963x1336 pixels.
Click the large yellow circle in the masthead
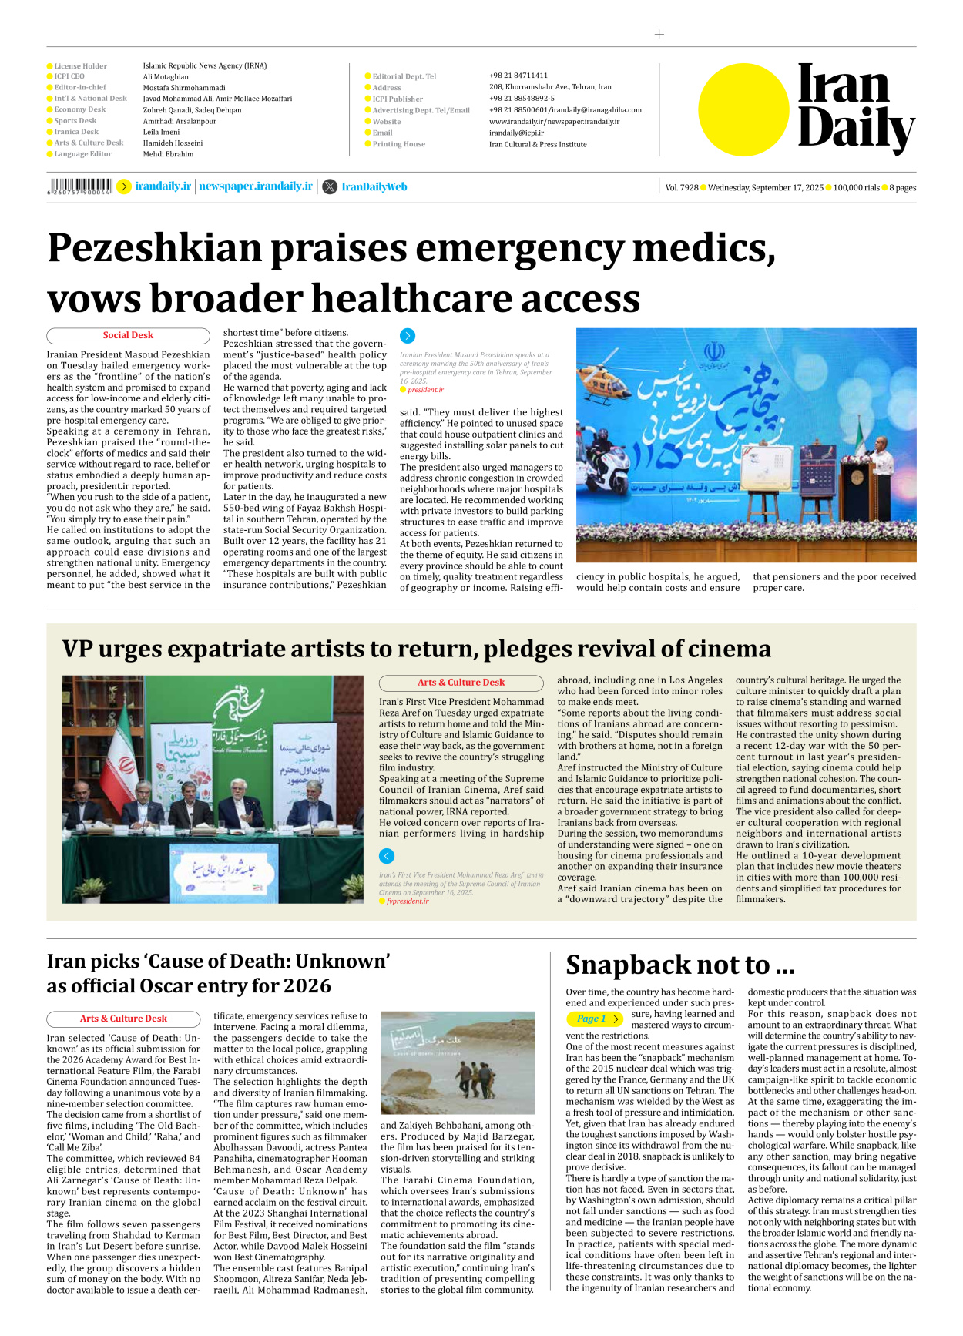coord(743,109)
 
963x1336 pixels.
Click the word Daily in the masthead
coord(855,129)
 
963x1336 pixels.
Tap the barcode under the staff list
coord(79,186)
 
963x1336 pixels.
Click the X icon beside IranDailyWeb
coord(330,186)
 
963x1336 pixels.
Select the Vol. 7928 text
coord(681,187)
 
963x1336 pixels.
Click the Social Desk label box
coord(128,335)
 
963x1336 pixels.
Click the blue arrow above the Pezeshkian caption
coord(408,336)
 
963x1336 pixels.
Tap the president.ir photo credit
coord(425,390)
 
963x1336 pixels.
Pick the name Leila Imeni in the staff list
coord(161,132)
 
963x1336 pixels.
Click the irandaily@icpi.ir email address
coord(516,133)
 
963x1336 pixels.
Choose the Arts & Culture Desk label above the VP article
coord(461,683)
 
